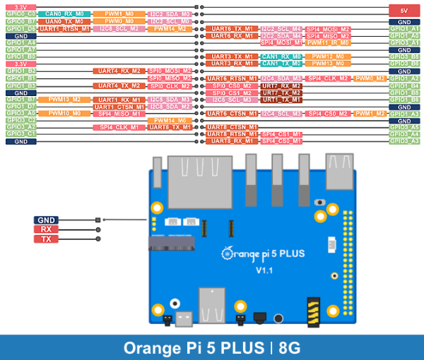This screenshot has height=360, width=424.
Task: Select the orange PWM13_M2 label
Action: [x=64, y=100]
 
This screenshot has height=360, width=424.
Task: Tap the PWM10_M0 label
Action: [x=64, y=113]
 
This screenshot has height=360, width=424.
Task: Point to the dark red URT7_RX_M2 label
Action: [x=281, y=85]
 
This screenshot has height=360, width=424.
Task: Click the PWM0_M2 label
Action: [x=370, y=78]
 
